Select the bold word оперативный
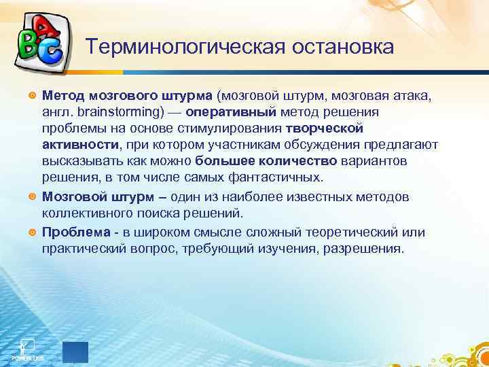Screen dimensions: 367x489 pos(227,111)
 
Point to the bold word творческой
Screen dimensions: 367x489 pos(325,128)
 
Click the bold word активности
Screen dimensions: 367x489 pos(80,145)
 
